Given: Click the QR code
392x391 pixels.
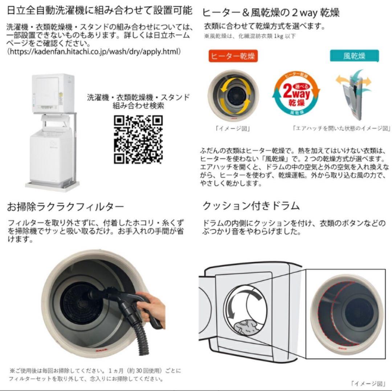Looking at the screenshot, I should (138, 140).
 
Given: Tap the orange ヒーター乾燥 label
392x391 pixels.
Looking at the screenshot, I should (233, 57).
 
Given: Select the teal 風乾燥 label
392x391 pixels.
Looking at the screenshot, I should (354, 56).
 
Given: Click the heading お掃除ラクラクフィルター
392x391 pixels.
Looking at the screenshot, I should (66, 207).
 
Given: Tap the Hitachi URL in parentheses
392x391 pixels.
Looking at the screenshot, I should (94, 52).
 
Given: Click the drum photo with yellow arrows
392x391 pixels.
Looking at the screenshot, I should (233, 94).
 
